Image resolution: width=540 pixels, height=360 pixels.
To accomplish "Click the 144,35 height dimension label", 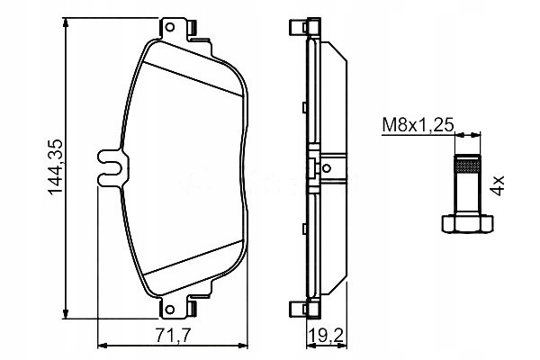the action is (56, 167).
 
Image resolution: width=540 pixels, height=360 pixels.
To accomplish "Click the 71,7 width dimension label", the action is (173, 335).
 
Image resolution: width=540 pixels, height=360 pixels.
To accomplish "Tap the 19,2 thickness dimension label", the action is (326, 335).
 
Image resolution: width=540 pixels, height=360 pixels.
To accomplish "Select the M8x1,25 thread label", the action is (418, 125).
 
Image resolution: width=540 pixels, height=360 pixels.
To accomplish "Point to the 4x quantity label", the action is (499, 185).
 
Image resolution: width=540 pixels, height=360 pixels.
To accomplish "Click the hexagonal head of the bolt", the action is (467, 224).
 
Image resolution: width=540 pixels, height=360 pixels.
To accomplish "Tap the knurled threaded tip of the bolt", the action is (467, 164).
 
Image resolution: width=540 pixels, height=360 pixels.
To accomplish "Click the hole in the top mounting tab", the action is (169, 27).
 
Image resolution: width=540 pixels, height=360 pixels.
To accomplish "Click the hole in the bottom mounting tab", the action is (169, 309).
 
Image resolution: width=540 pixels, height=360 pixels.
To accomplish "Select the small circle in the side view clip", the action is (327, 168).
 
